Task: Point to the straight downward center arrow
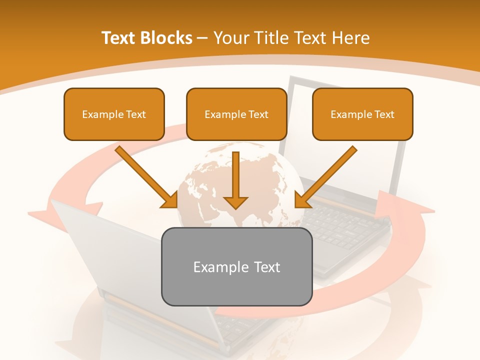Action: tap(236, 175)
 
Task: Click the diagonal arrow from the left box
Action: tap(145, 175)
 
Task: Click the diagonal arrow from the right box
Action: tap(327, 175)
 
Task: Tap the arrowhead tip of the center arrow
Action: tap(236, 207)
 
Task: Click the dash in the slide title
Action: tap(202, 38)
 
